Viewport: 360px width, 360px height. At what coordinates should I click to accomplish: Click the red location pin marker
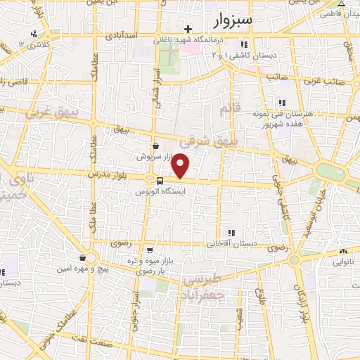click(181, 166)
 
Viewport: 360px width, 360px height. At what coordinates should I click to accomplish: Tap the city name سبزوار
click(235, 20)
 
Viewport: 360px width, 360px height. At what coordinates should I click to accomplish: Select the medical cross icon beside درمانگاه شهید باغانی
click(188, 29)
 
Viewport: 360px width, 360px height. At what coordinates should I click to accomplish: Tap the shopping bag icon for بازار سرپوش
click(155, 146)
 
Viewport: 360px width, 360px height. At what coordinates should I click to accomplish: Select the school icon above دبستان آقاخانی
click(231, 233)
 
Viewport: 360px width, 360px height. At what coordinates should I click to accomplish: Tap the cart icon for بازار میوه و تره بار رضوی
click(150, 250)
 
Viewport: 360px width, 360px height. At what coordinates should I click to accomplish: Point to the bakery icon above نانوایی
click(343, 252)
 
